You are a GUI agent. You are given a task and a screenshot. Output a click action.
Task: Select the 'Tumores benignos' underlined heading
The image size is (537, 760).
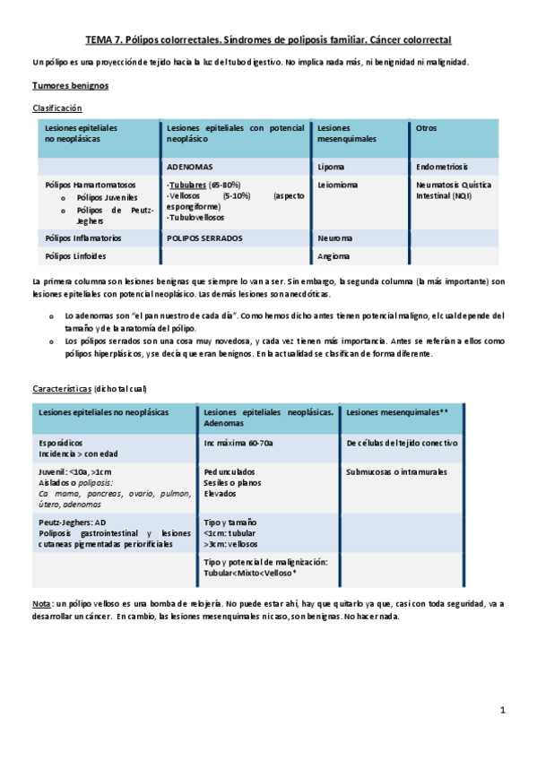tap(71, 86)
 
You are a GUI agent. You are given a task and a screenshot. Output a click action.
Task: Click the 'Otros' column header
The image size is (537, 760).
tap(427, 128)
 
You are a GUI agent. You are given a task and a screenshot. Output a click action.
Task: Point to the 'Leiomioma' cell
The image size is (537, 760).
tap(337, 186)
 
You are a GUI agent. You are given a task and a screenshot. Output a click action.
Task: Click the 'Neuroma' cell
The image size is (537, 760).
tap(334, 238)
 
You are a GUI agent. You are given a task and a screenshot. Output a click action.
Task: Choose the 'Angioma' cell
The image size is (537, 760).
tap(333, 256)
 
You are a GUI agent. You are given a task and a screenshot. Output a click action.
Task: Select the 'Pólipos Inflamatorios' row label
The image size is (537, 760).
tap(83, 238)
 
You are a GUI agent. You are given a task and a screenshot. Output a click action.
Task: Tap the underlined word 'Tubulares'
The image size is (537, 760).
tap(187, 186)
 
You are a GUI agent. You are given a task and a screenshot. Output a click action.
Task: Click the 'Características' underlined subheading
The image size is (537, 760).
tap(62, 389)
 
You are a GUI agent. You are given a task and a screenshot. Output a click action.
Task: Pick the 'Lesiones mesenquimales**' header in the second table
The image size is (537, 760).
tap(396, 412)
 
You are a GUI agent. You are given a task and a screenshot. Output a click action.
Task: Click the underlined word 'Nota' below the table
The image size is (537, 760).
tap(41, 605)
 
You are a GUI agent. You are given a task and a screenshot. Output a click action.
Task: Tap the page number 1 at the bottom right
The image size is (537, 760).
tap(503, 711)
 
